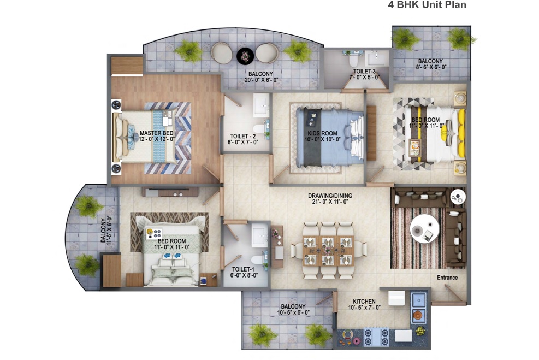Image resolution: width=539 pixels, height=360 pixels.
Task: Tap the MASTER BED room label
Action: (156, 133)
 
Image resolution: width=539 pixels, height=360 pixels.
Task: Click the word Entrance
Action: (447, 278)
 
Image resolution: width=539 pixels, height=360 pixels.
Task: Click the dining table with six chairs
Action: (328, 251)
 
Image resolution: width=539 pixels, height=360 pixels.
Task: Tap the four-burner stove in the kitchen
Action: (376, 336)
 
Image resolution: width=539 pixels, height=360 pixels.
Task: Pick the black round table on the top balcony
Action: (245, 55)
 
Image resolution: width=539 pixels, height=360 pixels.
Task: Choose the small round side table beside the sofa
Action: (458, 196)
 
